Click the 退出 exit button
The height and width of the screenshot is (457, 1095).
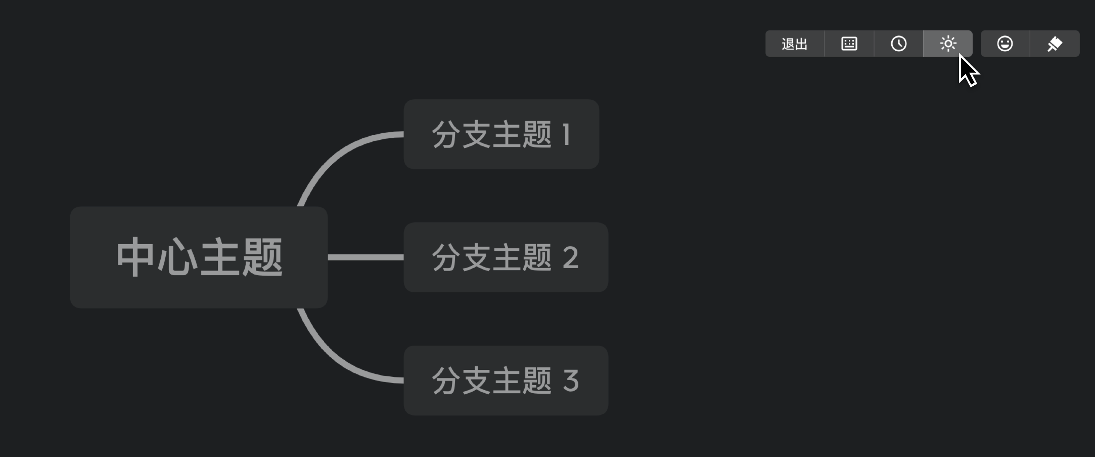pos(794,43)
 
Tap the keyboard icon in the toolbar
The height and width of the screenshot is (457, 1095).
pos(849,43)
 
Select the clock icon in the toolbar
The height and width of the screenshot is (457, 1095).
pos(899,43)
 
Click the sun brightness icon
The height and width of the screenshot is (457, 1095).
pos(948,43)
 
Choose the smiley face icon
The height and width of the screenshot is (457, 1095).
pos(1005,43)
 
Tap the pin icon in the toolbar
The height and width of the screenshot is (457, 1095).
pos(1055,44)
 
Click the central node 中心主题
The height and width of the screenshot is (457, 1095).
pos(199,257)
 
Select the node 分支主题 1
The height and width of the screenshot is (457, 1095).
pos(502,134)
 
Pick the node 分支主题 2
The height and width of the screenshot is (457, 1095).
pos(506,257)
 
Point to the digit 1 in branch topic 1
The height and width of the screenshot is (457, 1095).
pos(566,134)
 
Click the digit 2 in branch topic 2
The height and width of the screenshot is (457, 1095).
pos(570,257)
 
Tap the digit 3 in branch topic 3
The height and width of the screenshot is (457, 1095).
pos(570,381)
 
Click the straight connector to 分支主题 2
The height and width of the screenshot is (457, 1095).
pos(366,257)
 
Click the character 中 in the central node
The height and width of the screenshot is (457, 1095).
pos(135,257)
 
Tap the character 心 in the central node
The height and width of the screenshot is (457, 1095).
pos(177,257)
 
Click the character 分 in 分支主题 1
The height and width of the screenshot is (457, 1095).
pos(446,134)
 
